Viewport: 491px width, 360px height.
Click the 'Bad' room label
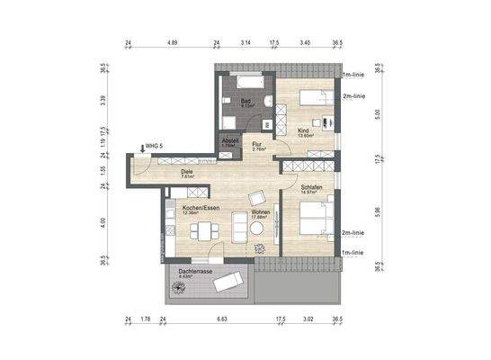pyautogui.click(x=245, y=101)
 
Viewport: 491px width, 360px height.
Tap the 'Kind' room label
pyautogui.click(x=304, y=130)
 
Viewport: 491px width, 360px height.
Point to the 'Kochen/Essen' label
pyautogui.click(x=200, y=208)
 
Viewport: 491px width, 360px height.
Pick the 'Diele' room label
pyautogui.click(x=187, y=171)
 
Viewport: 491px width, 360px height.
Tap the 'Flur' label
pyautogui.click(x=257, y=144)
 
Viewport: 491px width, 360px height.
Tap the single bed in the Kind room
pyautogui.click(x=309, y=96)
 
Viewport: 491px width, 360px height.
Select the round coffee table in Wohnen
pyautogui.click(x=257, y=228)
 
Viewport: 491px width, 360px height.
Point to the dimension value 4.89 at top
pyautogui.click(x=172, y=41)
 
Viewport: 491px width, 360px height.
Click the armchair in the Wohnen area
pyautogui.click(x=256, y=198)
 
